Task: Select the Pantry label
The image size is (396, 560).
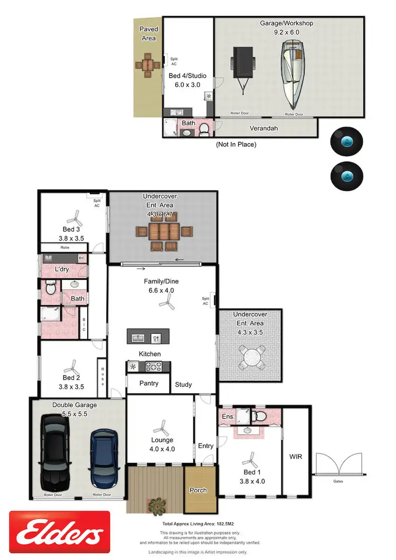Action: [149, 383]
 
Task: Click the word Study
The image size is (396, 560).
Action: [183, 385]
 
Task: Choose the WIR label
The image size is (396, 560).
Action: [296, 456]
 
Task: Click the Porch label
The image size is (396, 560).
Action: [198, 490]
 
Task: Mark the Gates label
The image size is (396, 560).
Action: [338, 482]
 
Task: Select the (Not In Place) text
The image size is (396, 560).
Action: [235, 144]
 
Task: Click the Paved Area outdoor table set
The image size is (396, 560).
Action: [148, 65]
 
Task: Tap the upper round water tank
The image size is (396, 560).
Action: [346, 142]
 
